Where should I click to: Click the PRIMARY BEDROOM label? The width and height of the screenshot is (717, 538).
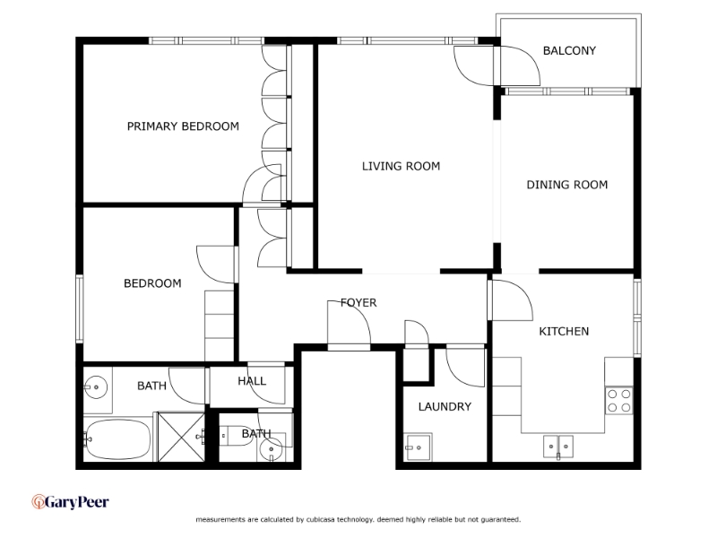(x=183, y=126)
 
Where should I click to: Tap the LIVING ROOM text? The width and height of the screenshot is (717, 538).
(x=401, y=166)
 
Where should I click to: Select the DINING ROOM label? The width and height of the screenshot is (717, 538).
(x=567, y=185)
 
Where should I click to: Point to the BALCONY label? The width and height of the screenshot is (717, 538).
(x=569, y=51)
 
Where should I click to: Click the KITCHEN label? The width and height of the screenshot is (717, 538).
(x=564, y=331)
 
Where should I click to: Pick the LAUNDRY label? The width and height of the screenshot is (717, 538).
(x=445, y=407)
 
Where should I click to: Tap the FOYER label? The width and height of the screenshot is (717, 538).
(x=358, y=303)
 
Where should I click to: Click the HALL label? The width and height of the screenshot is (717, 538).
(x=252, y=381)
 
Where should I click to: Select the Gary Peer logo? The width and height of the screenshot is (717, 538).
(x=70, y=502)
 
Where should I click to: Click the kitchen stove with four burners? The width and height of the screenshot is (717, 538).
(x=619, y=401)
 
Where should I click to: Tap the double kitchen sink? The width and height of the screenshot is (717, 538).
(x=558, y=447)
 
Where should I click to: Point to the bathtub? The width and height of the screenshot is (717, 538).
(x=118, y=439)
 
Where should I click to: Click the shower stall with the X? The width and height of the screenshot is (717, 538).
(x=181, y=437)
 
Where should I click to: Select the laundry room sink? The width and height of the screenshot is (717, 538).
(x=418, y=447)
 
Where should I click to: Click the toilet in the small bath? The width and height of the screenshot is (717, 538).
(x=234, y=436)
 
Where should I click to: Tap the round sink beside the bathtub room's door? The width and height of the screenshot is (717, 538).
(x=96, y=387)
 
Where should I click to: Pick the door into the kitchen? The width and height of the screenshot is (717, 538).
(x=512, y=300)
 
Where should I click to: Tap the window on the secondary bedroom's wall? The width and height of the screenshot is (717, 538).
(x=80, y=308)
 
